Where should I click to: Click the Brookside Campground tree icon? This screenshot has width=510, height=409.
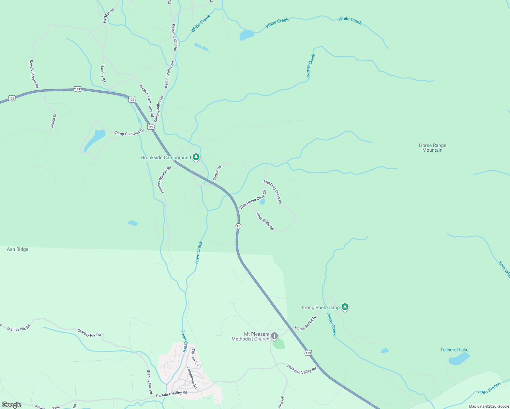(196, 157)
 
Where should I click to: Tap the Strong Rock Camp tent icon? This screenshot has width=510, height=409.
(345, 307)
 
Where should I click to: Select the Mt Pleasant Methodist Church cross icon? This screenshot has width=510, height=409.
(274, 337)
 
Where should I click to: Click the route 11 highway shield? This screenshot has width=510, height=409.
(238, 226)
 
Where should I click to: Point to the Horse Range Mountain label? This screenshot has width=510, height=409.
(432, 148)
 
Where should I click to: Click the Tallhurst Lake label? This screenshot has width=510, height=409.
(454, 350)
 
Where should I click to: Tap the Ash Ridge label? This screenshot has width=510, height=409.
(17, 249)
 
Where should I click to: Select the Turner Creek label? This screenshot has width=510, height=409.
(311, 66)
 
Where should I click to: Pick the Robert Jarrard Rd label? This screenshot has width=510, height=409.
(34, 74)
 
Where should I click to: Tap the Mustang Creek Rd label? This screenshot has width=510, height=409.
(273, 192)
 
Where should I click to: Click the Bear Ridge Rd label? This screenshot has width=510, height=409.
(265, 221)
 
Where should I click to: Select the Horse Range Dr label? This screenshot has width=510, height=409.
(305, 323)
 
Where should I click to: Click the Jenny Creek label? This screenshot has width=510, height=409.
(332, 324)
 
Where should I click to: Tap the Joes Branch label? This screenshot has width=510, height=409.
(489, 388)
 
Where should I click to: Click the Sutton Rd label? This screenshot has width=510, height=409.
(217, 172)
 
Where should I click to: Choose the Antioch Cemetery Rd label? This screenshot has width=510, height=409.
(147, 101)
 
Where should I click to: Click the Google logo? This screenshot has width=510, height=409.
(11, 405)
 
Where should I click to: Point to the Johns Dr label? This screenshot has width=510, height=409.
(53, 121)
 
